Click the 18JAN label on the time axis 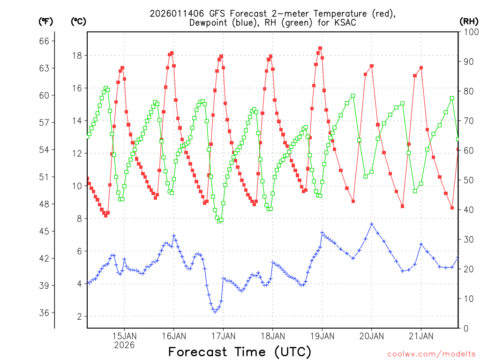272,336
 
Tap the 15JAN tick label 124,336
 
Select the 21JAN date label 420,336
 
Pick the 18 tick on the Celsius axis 76,55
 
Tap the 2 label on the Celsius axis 79,316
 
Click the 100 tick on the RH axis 470,32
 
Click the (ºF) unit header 45,21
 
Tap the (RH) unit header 469,21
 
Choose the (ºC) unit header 78,21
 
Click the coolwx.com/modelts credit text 431,354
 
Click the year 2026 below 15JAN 124,345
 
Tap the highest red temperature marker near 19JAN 320,48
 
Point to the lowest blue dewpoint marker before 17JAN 215,311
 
